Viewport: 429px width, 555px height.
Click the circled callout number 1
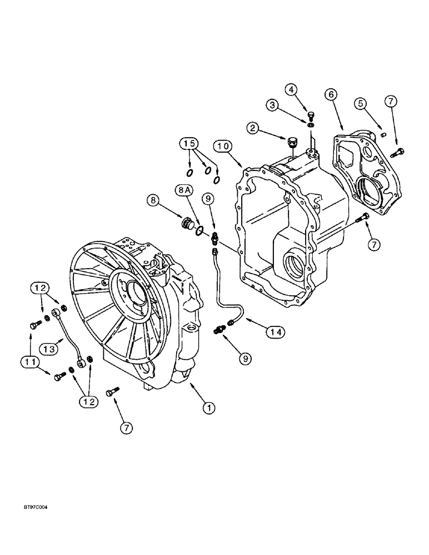pyautogui.click(x=208, y=408)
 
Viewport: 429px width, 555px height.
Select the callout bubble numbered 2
pyautogui.click(x=253, y=128)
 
